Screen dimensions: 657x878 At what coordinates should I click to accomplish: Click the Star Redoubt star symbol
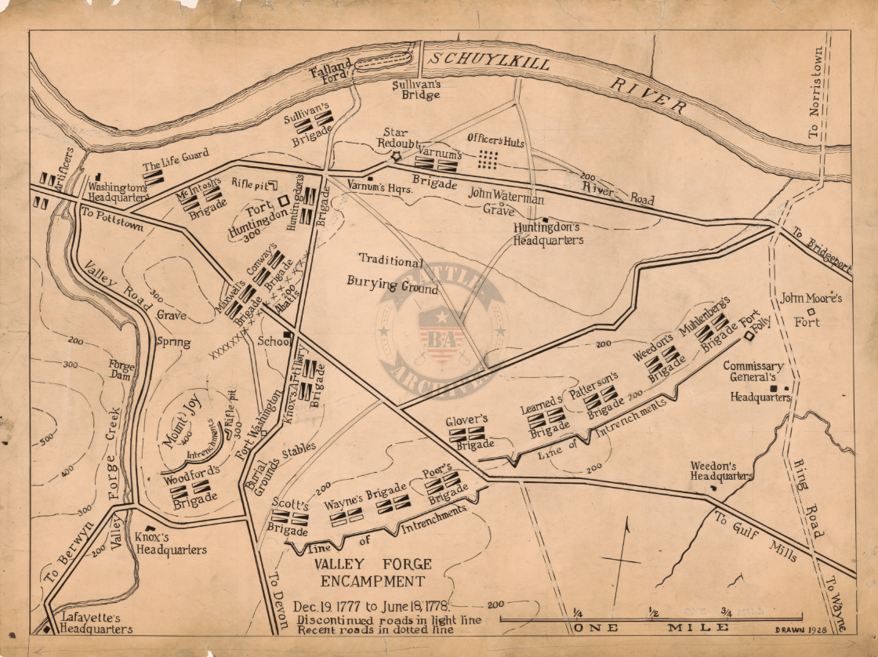[396, 157]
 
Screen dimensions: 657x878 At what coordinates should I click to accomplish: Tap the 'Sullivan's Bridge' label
[416, 88]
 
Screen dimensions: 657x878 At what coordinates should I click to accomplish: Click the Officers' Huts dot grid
[488, 159]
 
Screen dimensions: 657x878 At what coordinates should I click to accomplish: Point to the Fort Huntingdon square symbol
[282, 201]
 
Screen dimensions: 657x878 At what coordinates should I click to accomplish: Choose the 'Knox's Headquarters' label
[171, 544]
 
